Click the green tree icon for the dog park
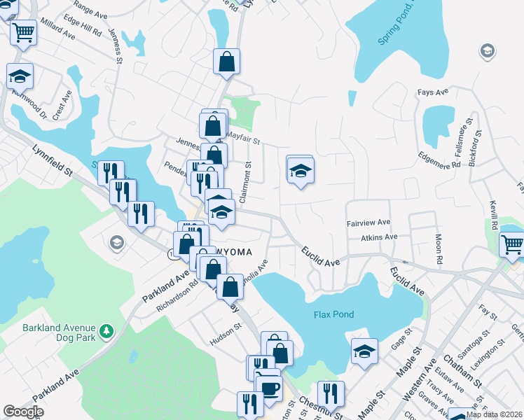pyautogui.click(x=106, y=329)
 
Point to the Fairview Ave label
pyautogui.click(x=368, y=223)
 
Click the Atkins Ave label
pyautogui.click(x=379, y=237)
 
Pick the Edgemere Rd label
pyautogui.click(x=440, y=160)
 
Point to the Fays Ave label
pyautogui.click(x=432, y=92)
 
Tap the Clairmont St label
pyautogui.click(x=246, y=183)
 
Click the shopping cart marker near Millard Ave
pyautogui.click(x=24, y=32)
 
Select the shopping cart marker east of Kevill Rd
pyautogui.click(x=513, y=244)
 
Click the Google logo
pyautogui.click(x=22, y=412)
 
